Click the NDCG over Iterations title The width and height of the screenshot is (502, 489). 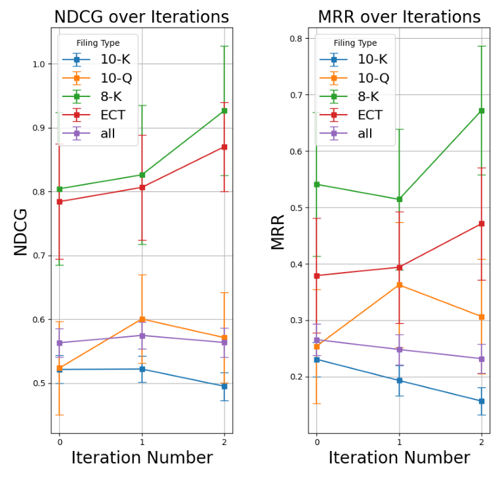pyautogui.click(x=142, y=17)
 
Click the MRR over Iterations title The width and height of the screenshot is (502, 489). pyautogui.click(x=399, y=17)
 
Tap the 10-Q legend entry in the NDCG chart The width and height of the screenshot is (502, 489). pyautogui.click(x=116, y=77)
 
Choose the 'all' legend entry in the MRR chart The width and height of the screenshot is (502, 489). pyautogui.click(x=365, y=134)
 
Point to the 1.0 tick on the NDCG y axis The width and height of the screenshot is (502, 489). pyautogui.click(x=39, y=64)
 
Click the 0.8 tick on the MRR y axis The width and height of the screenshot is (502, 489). pyautogui.click(x=297, y=39)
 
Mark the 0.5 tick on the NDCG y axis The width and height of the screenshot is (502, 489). pyautogui.click(x=39, y=383)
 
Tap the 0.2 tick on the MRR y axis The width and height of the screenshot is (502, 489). pyautogui.click(x=297, y=377)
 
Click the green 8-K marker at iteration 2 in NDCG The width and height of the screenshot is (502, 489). pyautogui.click(x=224, y=111)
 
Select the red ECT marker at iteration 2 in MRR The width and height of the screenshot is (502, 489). pyautogui.click(x=482, y=224)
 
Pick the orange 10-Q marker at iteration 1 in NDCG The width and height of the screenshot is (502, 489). pyautogui.click(x=142, y=319)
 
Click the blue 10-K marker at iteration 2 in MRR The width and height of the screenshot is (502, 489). pyautogui.click(x=482, y=401)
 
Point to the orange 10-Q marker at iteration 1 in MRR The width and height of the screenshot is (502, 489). pyautogui.click(x=399, y=284)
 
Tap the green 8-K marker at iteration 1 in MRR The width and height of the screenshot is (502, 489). pyautogui.click(x=399, y=199)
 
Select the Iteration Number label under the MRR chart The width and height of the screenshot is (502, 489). pyautogui.click(x=399, y=458)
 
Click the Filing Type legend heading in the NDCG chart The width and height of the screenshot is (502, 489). pyautogui.click(x=98, y=43)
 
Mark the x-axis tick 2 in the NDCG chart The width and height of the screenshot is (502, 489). pyautogui.click(x=224, y=442)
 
